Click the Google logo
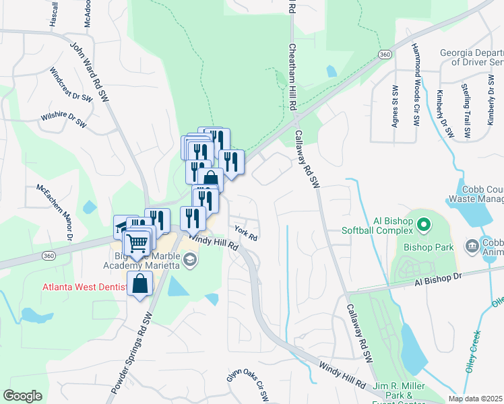[22, 396]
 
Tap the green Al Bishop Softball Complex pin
[423, 224]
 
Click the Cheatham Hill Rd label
[292, 77]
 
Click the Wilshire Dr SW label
[63, 120]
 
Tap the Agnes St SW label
[395, 106]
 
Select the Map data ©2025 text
[476, 399]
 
